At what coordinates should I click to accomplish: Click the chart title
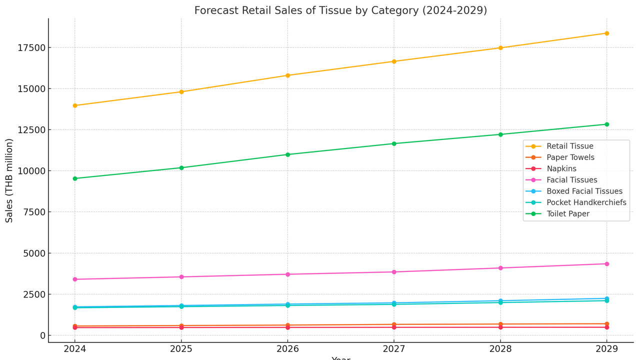pyautogui.click(x=340, y=10)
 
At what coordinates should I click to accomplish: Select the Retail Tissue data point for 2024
pyautogui.click(x=75, y=105)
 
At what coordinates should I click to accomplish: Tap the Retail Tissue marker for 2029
pyautogui.click(x=606, y=33)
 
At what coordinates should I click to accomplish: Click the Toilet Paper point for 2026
pyautogui.click(x=287, y=154)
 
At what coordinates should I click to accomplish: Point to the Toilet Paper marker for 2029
pyautogui.click(x=606, y=124)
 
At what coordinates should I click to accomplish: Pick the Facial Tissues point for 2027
pyautogui.click(x=394, y=272)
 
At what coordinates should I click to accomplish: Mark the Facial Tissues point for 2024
pyautogui.click(x=75, y=279)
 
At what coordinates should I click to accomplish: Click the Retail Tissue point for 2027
pyautogui.click(x=394, y=61)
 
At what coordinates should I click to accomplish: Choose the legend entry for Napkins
pyautogui.click(x=561, y=168)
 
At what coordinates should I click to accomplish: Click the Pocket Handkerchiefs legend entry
pyautogui.click(x=586, y=202)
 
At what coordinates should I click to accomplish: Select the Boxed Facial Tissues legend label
pyautogui.click(x=584, y=191)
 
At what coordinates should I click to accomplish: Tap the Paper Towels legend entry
pyautogui.click(x=570, y=157)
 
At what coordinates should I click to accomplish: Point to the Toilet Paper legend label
pyautogui.click(x=568, y=213)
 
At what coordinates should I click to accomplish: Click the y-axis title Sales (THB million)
pyautogui.click(x=9, y=180)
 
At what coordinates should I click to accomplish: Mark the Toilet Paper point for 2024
pyautogui.click(x=75, y=178)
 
